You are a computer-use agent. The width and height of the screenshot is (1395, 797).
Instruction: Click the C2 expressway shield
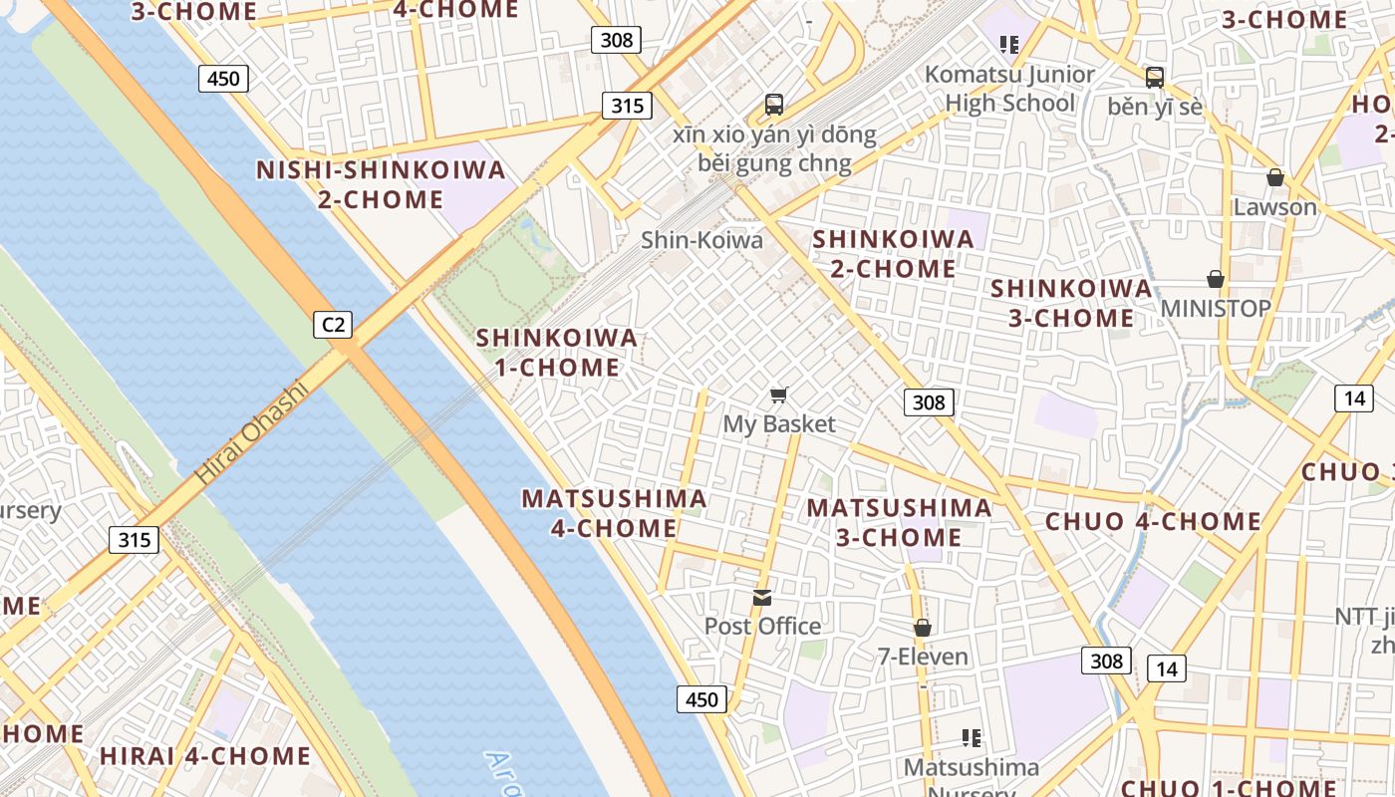(333, 324)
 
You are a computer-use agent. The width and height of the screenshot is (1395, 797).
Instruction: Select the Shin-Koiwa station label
(701, 240)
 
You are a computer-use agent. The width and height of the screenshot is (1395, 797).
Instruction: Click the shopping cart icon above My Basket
(779, 396)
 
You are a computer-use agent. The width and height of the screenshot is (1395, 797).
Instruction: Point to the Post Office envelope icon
(762, 597)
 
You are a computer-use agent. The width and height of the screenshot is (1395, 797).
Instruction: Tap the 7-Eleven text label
(923, 657)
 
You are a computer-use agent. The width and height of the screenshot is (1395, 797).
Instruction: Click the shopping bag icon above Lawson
(1274, 178)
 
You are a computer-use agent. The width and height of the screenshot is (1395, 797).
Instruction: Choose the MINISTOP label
(1216, 309)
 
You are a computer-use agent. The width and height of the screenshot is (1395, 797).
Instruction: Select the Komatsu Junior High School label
(1009, 89)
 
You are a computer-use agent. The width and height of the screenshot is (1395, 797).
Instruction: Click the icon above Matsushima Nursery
(972, 738)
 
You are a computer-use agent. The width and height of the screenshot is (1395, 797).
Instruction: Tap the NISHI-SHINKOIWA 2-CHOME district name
(381, 184)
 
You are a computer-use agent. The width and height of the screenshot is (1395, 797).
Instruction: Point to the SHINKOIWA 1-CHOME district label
(557, 352)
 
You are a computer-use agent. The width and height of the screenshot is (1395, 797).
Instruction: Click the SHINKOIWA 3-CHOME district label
(1071, 303)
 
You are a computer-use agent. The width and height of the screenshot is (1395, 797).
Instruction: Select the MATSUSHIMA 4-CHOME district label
(614, 513)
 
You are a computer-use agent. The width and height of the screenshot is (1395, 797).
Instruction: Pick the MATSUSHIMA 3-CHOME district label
(899, 522)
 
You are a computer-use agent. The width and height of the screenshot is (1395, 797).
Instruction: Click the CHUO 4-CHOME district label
(1153, 521)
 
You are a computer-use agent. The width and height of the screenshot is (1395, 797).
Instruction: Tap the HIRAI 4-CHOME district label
(205, 756)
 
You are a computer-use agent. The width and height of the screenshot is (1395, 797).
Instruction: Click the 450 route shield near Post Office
(701, 699)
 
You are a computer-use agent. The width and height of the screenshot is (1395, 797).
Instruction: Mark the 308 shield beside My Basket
(929, 402)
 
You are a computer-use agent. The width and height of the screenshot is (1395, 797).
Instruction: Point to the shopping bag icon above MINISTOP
(1216, 279)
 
